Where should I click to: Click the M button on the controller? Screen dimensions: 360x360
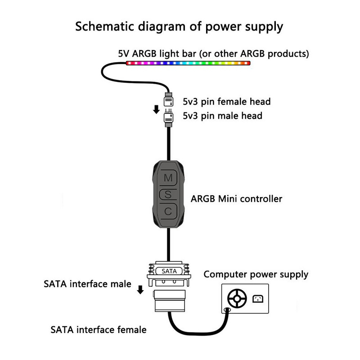168,178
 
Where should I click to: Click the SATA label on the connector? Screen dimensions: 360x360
169,271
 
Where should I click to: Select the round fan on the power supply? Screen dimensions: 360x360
237,298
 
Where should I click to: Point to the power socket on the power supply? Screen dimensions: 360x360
258,298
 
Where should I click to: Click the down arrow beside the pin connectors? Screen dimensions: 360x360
156,109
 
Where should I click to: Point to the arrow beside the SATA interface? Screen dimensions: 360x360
140,289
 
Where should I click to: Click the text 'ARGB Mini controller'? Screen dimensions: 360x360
237,198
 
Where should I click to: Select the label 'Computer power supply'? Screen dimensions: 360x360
256,274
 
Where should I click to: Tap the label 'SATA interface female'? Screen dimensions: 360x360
99,330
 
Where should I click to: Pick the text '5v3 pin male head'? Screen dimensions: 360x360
222,116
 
